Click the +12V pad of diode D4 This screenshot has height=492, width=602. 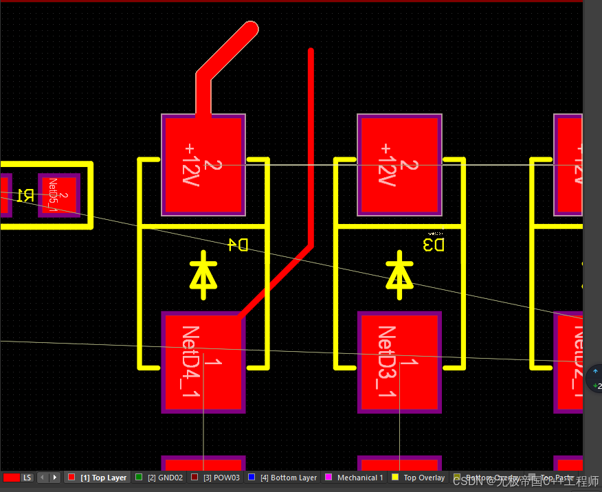203,165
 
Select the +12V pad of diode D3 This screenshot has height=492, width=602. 399,165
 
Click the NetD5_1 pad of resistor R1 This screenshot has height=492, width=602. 59,194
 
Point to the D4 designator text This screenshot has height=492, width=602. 238,245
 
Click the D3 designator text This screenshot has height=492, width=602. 434,245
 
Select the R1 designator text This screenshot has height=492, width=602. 25,195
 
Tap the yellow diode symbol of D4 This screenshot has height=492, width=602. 203,274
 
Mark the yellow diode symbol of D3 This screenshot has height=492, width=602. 399,274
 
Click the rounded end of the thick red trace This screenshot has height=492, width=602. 250,29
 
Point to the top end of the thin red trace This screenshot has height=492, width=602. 311,52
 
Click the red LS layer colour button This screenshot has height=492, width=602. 18,478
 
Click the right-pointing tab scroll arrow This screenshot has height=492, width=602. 55,478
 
